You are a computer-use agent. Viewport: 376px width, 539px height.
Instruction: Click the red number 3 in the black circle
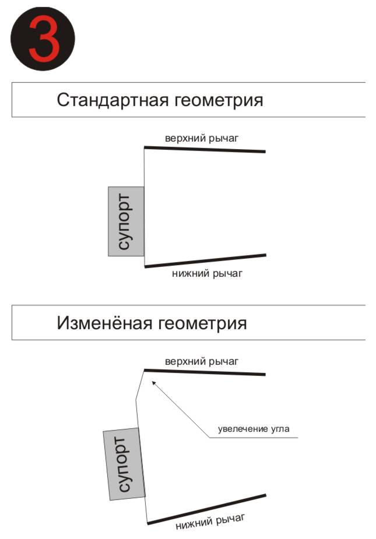(x=44, y=39)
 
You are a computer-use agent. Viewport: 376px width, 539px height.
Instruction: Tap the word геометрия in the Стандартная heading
(x=219, y=101)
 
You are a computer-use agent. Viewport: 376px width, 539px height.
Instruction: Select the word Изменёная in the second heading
(x=104, y=323)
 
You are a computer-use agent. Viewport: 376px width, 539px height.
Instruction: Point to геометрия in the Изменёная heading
(x=202, y=324)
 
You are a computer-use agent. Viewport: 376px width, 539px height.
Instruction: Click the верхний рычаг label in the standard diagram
(x=202, y=139)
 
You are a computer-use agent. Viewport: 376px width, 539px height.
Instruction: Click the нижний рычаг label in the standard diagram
(x=207, y=274)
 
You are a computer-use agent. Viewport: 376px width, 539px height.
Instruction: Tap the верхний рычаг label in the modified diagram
(x=202, y=362)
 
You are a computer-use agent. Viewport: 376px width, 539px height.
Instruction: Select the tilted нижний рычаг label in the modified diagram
(x=210, y=522)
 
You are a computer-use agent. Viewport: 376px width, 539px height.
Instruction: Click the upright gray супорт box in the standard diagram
(x=126, y=221)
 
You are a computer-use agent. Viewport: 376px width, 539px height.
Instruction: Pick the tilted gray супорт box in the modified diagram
(x=124, y=464)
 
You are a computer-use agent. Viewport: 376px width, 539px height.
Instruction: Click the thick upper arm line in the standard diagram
(x=205, y=150)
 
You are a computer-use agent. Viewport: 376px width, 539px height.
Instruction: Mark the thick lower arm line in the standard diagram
(x=205, y=260)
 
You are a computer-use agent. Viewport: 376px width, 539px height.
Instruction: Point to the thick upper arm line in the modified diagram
(x=205, y=372)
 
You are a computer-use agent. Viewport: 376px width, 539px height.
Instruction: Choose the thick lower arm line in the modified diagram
(x=206, y=509)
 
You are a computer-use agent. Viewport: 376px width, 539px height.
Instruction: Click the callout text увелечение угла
(x=254, y=429)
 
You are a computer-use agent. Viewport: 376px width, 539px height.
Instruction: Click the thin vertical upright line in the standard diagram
(x=144, y=207)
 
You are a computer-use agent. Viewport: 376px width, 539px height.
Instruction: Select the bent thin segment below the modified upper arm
(x=140, y=385)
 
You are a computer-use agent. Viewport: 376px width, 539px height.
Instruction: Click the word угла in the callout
(x=280, y=429)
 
